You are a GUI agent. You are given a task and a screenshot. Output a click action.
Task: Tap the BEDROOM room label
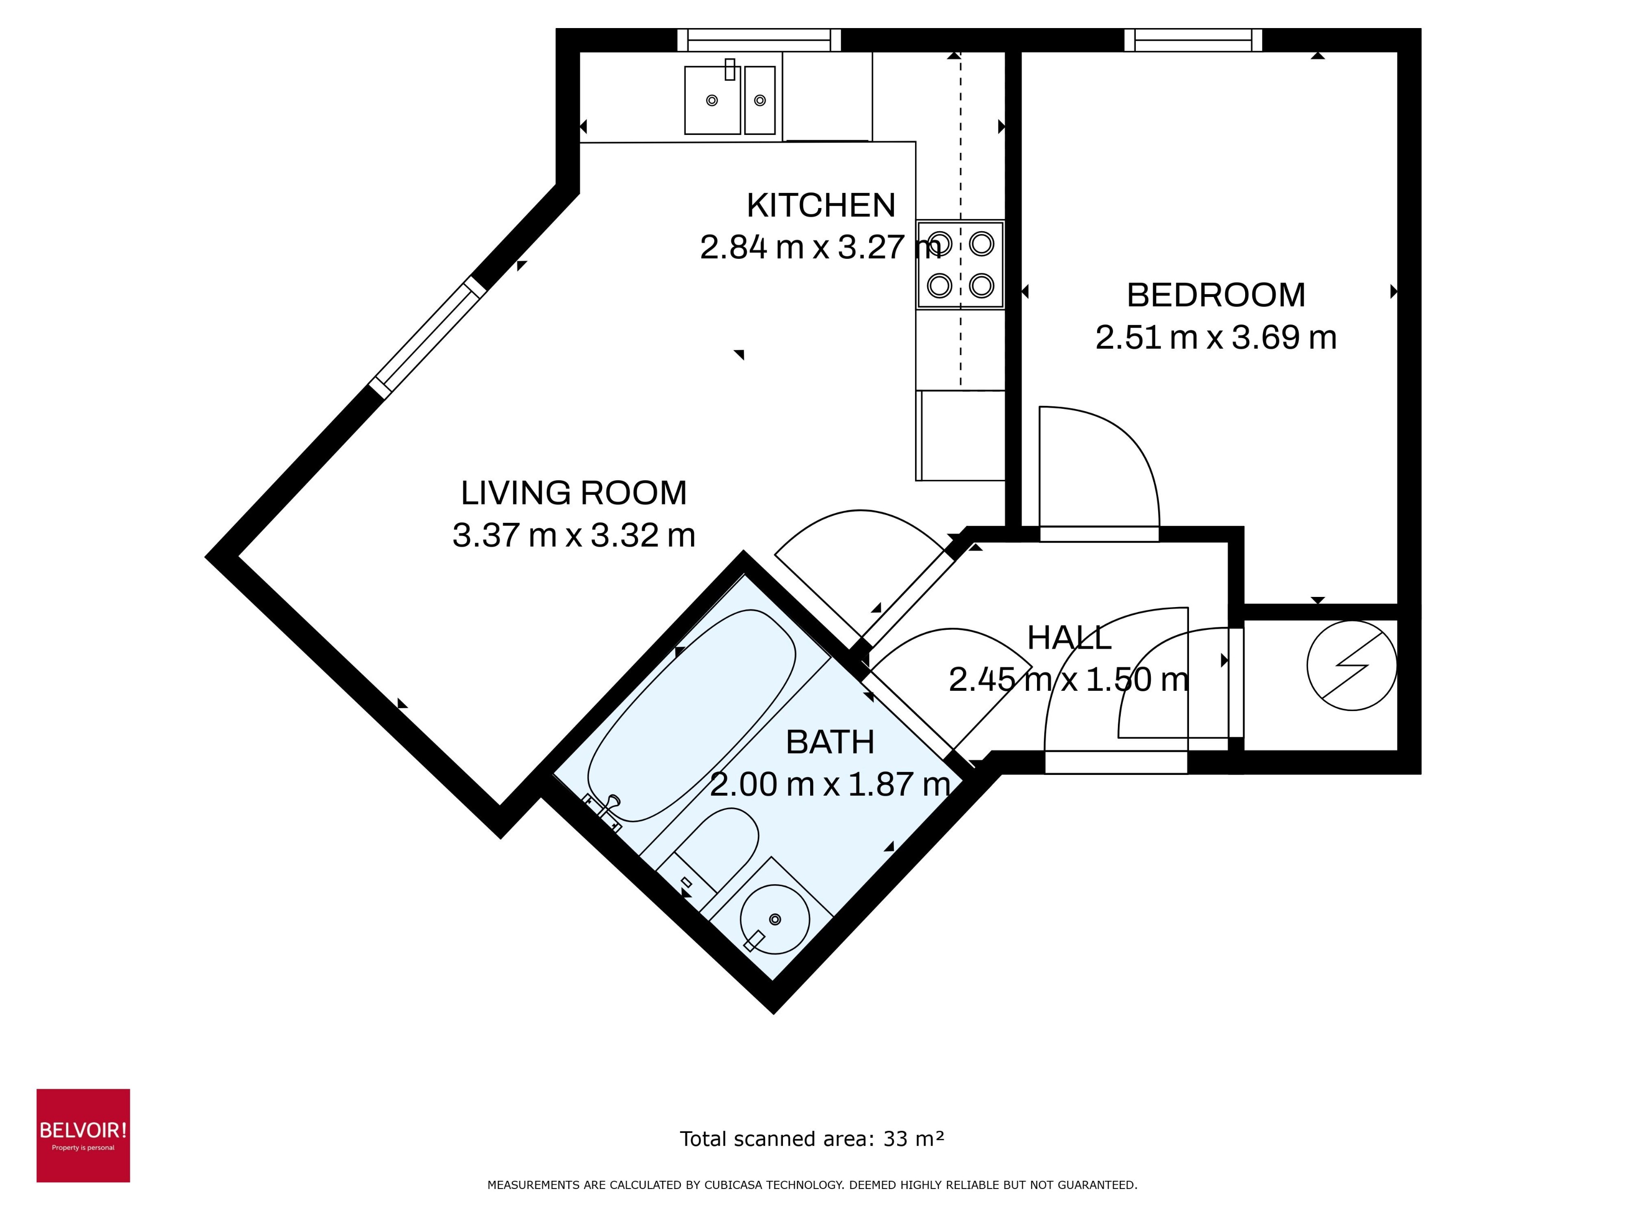click(x=1215, y=296)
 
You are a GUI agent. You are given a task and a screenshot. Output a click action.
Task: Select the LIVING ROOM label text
click(x=573, y=492)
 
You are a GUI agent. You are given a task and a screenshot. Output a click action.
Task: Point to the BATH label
click(x=830, y=742)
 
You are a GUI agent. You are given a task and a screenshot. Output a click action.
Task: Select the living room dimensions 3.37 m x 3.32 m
click(x=573, y=535)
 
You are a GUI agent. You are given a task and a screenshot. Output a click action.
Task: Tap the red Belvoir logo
click(x=83, y=1135)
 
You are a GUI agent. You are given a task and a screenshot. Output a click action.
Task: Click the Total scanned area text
click(x=812, y=1139)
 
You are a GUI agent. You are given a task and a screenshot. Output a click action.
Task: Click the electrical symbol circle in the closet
click(x=1351, y=665)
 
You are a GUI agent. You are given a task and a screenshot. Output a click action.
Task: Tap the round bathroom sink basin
click(x=774, y=919)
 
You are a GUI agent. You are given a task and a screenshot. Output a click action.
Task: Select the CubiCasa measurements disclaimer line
click(x=812, y=1185)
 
